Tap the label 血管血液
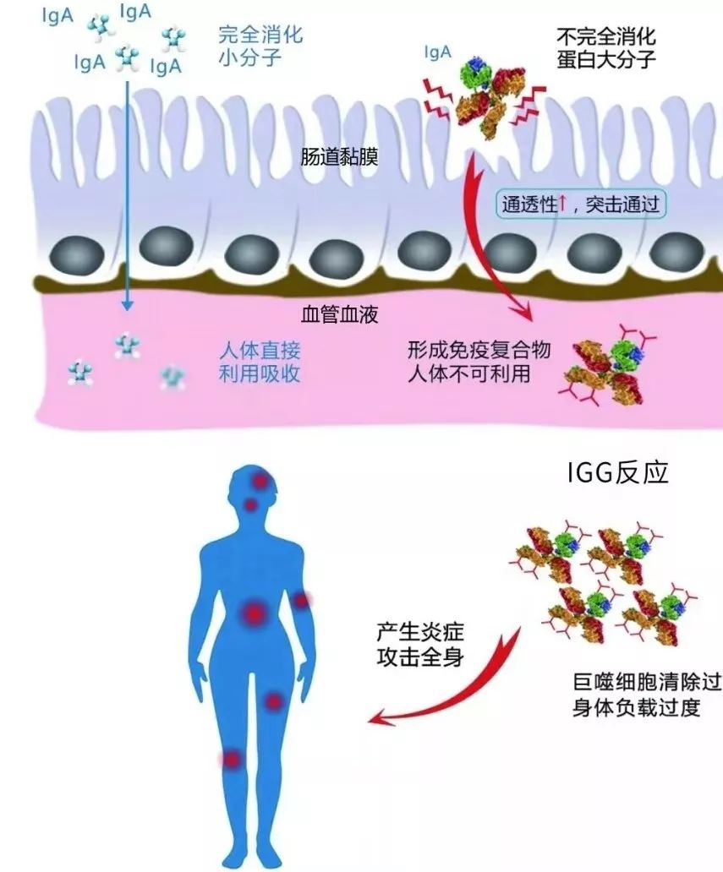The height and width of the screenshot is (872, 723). point(339,316)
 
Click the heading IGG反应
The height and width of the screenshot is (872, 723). point(617,471)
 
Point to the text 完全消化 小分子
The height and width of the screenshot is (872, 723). point(260,46)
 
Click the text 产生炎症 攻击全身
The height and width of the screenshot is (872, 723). point(419,644)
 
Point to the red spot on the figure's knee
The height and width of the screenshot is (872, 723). point(231,759)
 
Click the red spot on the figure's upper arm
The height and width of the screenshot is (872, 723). point(301,600)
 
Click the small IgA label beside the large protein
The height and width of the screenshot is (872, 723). point(437,54)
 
